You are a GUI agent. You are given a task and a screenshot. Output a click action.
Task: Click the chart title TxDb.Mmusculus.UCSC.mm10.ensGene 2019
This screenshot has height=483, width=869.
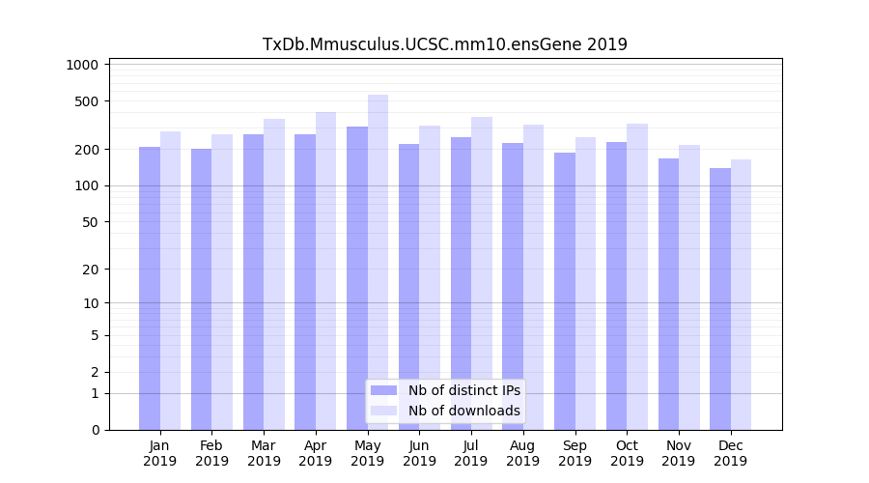tap(445, 44)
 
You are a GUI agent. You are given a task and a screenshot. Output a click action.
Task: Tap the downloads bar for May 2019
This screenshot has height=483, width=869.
tap(378, 262)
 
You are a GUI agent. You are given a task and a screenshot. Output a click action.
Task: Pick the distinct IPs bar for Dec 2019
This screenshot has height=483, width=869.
tap(720, 298)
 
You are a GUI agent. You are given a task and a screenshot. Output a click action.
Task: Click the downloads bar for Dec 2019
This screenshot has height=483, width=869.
tap(741, 295)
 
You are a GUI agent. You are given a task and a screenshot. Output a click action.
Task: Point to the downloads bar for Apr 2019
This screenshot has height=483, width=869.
tap(325, 270)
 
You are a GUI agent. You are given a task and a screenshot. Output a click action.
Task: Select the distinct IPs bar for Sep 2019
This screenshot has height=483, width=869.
tap(565, 291)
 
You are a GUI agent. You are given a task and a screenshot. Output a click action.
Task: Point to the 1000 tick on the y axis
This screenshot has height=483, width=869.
tap(84, 65)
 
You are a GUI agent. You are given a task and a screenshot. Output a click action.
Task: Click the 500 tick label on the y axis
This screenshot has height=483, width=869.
tap(87, 101)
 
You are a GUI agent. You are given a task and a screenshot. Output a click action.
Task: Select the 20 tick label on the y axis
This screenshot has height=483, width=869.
tap(91, 270)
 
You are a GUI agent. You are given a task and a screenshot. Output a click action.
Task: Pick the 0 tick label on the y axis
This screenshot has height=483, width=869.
tap(95, 430)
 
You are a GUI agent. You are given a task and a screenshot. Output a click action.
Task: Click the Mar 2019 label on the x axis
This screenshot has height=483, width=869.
tap(264, 453)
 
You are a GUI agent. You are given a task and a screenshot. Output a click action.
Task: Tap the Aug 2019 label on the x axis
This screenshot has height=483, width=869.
tap(522, 453)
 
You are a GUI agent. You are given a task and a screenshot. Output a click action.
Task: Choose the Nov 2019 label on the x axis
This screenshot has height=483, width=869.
tap(678, 453)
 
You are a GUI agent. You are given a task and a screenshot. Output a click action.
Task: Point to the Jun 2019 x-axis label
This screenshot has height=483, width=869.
tap(419, 453)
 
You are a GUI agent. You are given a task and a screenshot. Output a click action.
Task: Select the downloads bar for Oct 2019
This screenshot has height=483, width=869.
tap(636, 276)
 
